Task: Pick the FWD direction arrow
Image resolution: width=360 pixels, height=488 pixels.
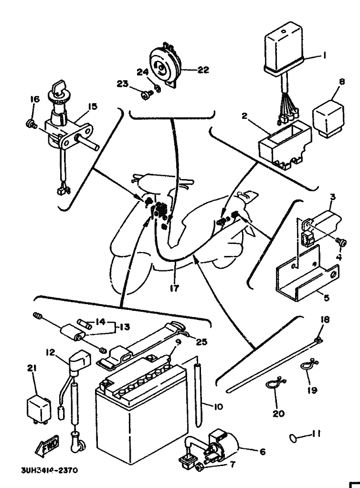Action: pyautogui.click(x=46, y=447)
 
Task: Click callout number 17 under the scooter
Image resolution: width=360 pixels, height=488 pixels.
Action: pyautogui.click(x=175, y=289)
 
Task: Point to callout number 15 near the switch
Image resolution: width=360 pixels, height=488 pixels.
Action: pyautogui.click(x=92, y=106)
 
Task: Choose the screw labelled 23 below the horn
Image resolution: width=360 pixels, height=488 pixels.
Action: pyautogui.click(x=145, y=95)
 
